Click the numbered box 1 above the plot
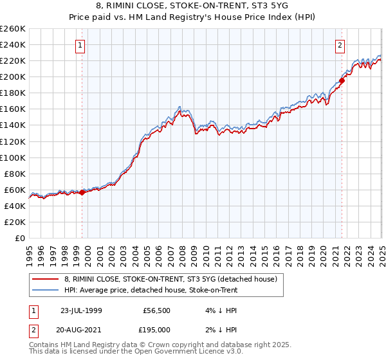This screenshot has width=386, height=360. tap(80, 45)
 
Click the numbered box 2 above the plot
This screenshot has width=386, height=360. tap(340, 45)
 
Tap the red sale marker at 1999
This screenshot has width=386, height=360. tap(82, 192)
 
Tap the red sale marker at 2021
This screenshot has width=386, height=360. tap(342, 80)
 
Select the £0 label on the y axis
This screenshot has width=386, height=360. tap(20, 238)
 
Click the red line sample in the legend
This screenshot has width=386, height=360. tap(45, 279)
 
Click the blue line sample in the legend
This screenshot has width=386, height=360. tap(45, 290)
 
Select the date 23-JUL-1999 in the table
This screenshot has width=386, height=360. tap(82, 309)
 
